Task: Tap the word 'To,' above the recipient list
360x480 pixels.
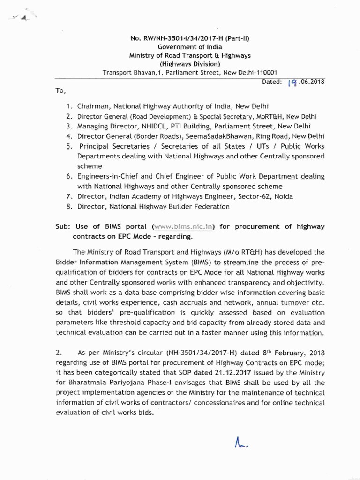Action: click(61, 90)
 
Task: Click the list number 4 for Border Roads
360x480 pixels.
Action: click(69, 136)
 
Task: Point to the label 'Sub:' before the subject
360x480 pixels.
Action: click(63, 226)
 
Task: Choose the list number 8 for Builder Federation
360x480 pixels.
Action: click(69, 206)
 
